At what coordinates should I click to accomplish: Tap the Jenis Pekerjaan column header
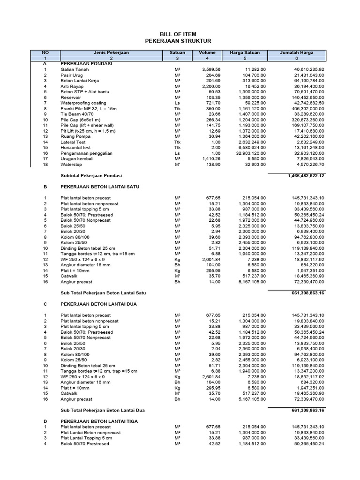(111, 52)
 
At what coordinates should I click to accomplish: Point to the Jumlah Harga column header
(296, 52)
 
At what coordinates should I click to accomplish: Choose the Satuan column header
(177, 52)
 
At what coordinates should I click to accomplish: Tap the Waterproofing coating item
(83, 103)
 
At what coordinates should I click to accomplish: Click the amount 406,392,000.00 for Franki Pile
(302, 108)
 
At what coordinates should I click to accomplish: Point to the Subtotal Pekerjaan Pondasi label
(91, 175)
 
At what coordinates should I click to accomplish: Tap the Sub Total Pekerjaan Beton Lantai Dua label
(104, 410)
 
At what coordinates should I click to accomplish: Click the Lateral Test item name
(73, 142)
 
